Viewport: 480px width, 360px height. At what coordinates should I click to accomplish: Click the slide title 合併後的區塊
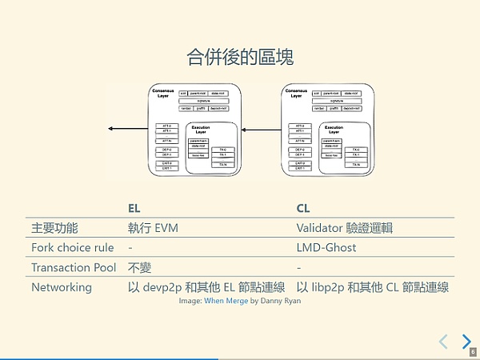coord(239,57)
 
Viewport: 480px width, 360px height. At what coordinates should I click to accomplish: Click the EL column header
coord(134,208)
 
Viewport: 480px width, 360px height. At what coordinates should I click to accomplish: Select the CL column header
coord(303,208)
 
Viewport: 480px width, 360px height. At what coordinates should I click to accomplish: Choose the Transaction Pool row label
coord(74,267)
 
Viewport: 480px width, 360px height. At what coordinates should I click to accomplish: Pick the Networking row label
coord(61,286)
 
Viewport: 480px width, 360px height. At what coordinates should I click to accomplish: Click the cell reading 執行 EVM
coord(153,228)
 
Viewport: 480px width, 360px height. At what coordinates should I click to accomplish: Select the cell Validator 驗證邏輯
coord(344,228)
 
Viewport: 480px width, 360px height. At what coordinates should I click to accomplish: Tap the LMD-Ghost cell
coord(326,247)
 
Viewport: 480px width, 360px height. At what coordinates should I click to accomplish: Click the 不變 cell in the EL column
coord(140,267)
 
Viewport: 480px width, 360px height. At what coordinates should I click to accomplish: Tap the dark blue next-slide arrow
coord(466,342)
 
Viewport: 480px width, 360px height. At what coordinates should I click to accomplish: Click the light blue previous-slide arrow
coord(442,342)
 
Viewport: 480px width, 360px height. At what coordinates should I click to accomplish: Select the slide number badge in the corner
coord(473,352)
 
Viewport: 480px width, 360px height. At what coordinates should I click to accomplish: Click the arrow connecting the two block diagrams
coord(264,128)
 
